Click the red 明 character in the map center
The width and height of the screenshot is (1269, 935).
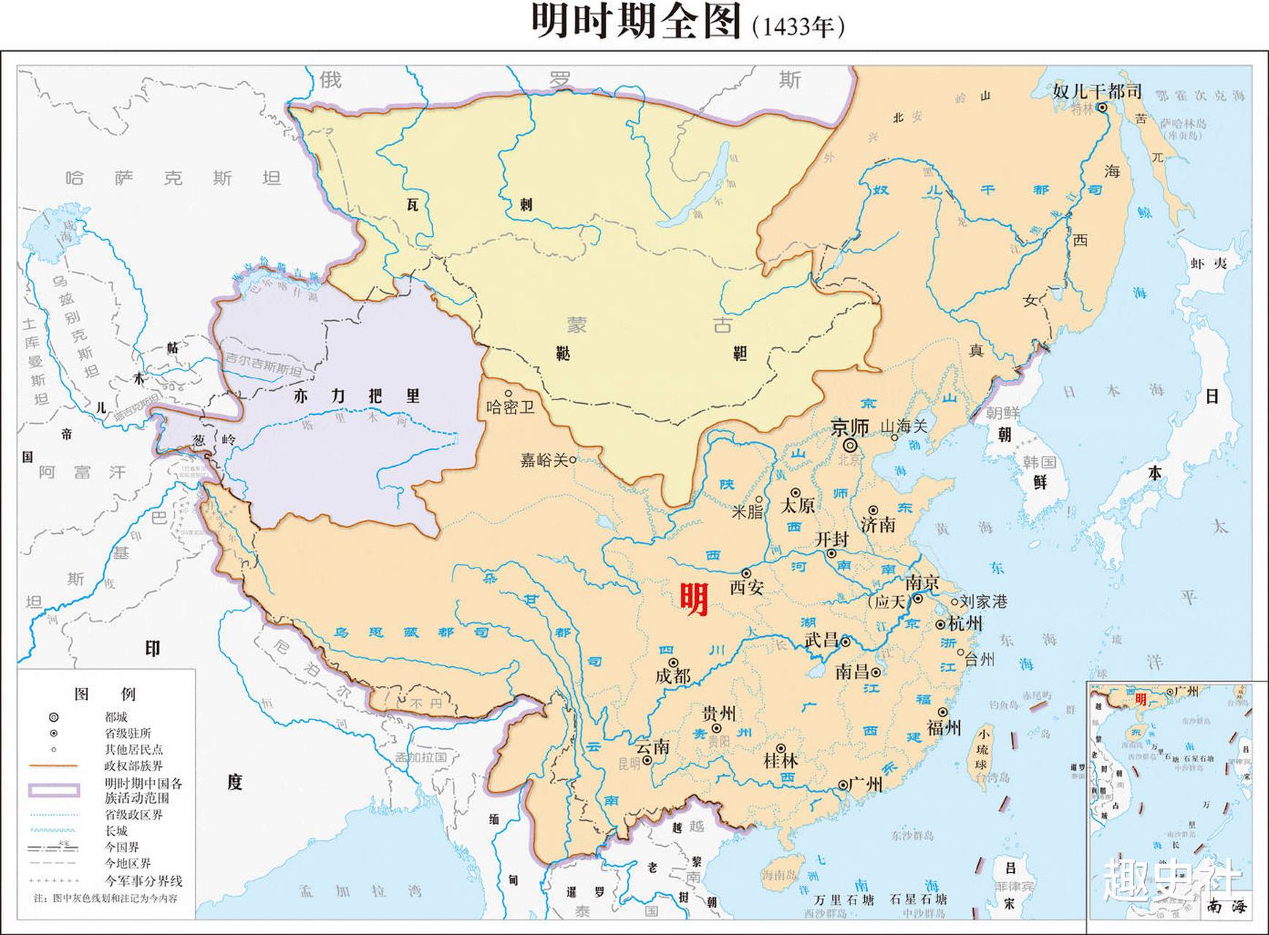(694, 599)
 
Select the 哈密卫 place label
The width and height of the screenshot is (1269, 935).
(511, 407)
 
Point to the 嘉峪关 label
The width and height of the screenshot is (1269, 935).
(544, 460)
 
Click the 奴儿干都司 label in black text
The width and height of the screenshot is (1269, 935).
(1097, 91)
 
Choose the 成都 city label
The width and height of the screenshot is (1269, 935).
(673, 676)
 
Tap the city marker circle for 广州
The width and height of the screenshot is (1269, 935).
(843, 785)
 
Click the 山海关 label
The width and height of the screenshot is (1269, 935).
(904, 426)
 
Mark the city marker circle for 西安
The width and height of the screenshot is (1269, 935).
(746, 573)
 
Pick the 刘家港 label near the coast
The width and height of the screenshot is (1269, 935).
(983, 602)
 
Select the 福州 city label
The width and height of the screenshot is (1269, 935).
(944, 728)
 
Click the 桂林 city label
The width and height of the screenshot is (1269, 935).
(780, 760)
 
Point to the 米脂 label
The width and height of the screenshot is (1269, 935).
(747, 511)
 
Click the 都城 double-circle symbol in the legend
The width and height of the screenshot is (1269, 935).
(53, 717)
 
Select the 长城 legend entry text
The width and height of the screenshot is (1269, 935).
(116, 831)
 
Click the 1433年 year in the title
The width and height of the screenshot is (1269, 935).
(797, 27)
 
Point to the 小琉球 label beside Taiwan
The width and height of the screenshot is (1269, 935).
(984, 748)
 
